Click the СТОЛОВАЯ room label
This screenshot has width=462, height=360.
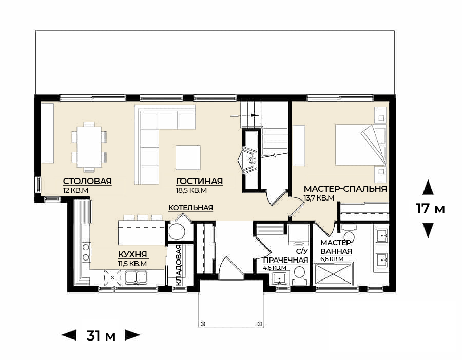click(87, 181)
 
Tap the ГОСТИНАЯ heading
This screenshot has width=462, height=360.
click(199, 181)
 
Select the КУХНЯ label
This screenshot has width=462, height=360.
click(132, 254)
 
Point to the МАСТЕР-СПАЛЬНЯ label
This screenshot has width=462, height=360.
click(345, 189)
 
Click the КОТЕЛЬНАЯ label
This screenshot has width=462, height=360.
click(190, 208)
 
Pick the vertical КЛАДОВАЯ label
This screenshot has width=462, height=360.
click(179, 265)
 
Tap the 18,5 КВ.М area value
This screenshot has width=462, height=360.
click(191, 190)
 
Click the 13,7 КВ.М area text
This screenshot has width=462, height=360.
click(319, 198)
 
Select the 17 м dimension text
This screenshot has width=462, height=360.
click(430, 209)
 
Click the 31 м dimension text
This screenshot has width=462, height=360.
click(101, 335)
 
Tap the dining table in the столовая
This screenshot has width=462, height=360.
click(89, 147)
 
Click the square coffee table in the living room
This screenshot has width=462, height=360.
click(188, 157)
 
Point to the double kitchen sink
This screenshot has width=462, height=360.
click(136, 277)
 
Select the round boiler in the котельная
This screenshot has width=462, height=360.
click(177, 232)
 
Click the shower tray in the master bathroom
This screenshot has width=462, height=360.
click(333, 274)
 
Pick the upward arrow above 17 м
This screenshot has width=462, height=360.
click(428, 188)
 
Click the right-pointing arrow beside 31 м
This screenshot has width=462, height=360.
click(132, 335)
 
